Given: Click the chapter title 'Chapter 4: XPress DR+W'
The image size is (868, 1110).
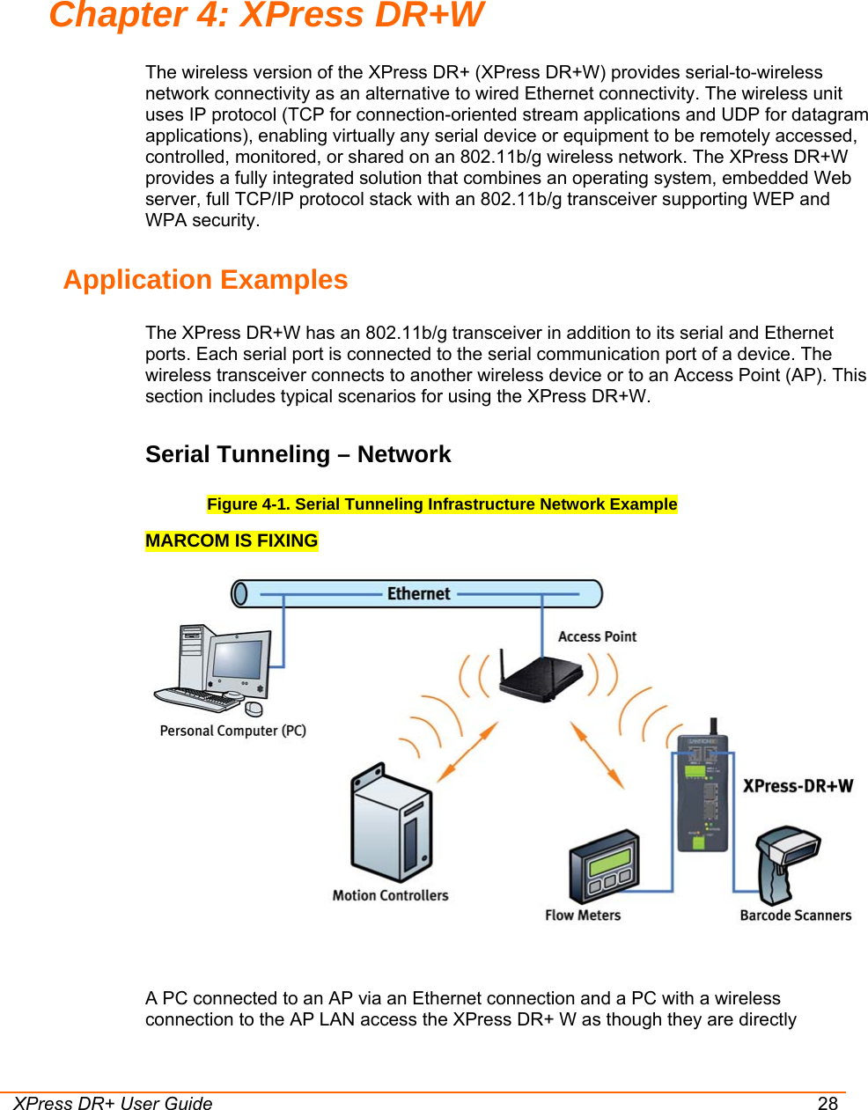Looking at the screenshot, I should (x=266, y=15).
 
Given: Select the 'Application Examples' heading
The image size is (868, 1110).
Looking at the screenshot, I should (x=205, y=280).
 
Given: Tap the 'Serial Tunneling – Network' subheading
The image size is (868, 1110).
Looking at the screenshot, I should (x=298, y=454).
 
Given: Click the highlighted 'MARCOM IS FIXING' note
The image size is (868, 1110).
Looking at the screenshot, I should (x=232, y=540).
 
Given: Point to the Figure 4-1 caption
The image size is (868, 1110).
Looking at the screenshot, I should (x=442, y=504).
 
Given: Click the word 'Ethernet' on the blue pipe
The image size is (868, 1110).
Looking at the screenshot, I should (x=418, y=594).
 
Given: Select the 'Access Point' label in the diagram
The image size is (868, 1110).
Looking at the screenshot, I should (x=597, y=636).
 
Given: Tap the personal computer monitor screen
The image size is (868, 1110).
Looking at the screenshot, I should (x=237, y=659).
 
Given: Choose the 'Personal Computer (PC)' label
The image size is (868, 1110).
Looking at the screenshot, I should (x=232, y=731).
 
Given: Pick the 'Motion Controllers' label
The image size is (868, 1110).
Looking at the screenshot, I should (x=390, y=895).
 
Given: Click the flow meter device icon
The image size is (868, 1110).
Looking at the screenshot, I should (x=604, y=866).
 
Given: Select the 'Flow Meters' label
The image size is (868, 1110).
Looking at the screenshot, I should (x=583, y=915).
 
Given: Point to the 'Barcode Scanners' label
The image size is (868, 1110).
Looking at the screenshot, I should (x=796, y=915).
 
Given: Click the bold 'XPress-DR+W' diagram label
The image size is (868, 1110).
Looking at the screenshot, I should (x=798, y=786).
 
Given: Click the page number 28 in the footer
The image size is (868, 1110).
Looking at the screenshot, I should (x=828, y=1104).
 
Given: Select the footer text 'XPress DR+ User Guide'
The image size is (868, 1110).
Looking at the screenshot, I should (x=113, y=1104).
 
